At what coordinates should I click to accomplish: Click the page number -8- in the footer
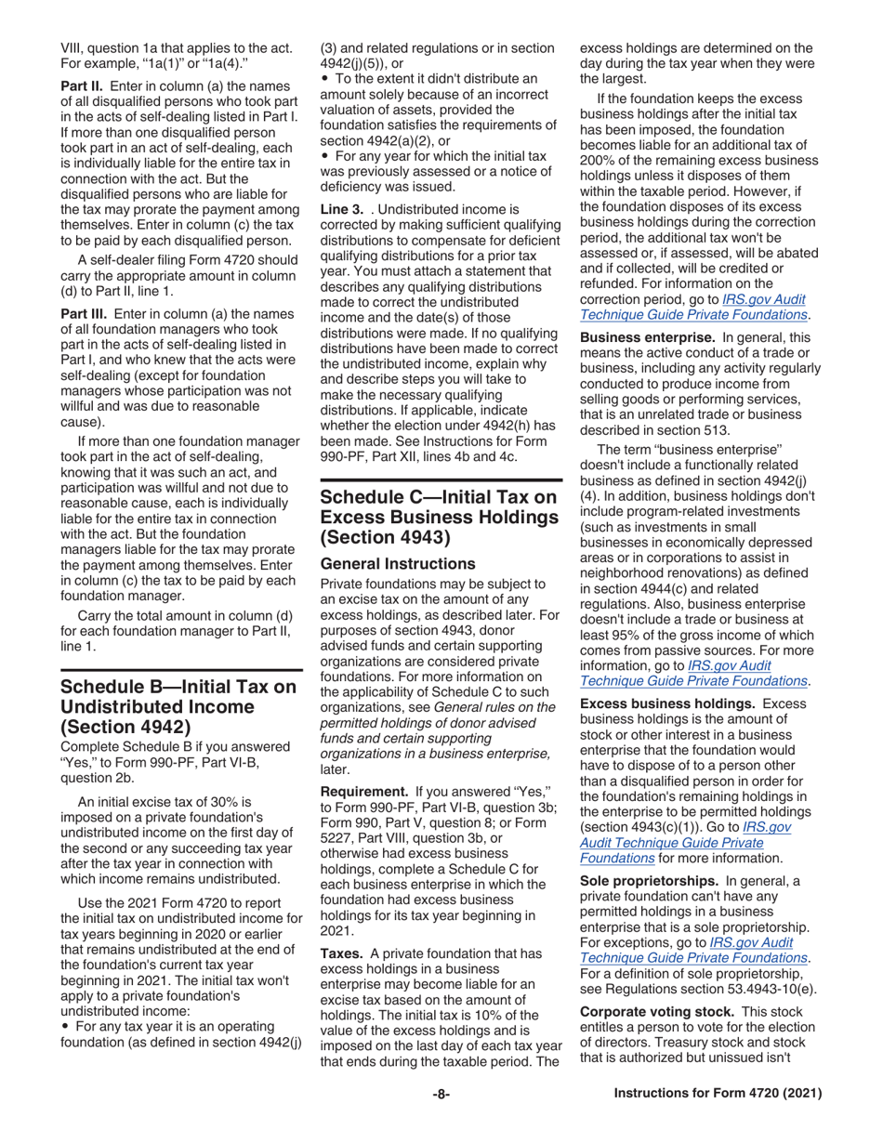pyautogui.click(x=441, y=1095)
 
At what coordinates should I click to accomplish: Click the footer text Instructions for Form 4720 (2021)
pyautogui.click(x=718, y=1095)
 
